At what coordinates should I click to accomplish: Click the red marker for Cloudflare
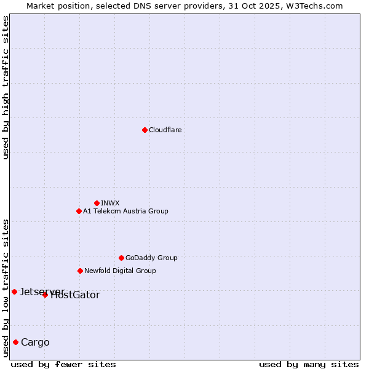point(145,130)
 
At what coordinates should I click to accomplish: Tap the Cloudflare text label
point(165,130)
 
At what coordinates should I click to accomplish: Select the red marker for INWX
point(97,203)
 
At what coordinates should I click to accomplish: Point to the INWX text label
point(110,203)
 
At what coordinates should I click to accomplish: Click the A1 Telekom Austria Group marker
point(79,211)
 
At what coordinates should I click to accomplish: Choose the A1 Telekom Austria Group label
point(125,211)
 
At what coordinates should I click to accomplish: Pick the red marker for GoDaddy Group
point(121,258)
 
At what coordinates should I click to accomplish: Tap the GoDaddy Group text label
point(151,258)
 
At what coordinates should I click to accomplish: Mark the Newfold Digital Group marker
point(80,271)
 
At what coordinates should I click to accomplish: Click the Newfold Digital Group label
point(120,271)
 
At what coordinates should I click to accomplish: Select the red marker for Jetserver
point(14,292)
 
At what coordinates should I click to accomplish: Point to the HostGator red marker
point(45,295)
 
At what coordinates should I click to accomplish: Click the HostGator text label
point(76,295)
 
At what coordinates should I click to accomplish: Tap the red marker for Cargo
point(15,342)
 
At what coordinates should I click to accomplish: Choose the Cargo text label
point(35,343)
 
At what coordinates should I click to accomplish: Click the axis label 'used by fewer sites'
point(63,364)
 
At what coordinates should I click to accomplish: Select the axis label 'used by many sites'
point(309,364)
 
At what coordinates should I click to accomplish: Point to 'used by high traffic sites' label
point(6,87)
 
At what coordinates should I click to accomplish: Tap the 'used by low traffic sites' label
point(6,287)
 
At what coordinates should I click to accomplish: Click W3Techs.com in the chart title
point(312,6)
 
